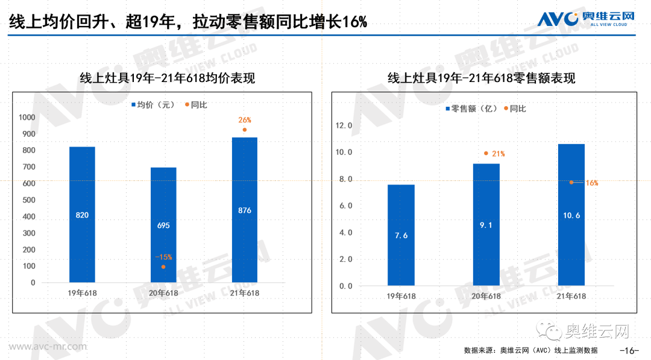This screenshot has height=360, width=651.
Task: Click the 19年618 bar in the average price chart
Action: [82, 214]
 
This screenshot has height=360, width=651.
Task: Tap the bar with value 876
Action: [245, 210]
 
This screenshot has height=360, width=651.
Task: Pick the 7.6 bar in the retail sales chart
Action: [401, 235]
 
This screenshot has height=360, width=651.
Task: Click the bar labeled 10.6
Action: [571, 214]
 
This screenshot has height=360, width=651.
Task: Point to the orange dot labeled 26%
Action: [245, 130]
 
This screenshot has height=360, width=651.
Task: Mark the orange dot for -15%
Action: [163, 267]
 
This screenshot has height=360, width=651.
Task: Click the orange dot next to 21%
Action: [486, 153]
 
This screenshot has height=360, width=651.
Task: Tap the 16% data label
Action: [591, 182]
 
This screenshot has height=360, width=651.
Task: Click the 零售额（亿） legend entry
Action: [470, 109]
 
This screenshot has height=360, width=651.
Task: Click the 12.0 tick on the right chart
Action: [344, 126]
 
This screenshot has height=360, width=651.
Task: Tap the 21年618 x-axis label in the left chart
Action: [245, 293]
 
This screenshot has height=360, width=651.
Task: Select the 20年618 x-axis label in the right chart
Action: [486, 296]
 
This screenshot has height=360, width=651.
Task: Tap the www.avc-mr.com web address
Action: [41, 347]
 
